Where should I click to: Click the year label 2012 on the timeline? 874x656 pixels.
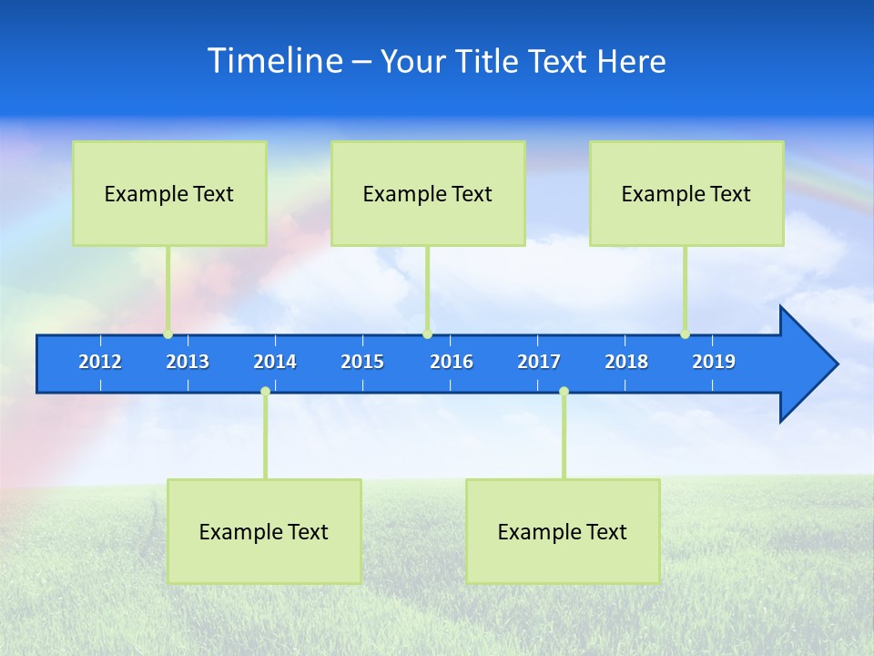(100, 362)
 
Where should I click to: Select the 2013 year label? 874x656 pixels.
(188, 362)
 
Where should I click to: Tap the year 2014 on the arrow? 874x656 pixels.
(275, 362)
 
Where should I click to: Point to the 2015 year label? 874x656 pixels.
(362, 362)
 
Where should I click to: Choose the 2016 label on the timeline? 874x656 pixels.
(452, 362)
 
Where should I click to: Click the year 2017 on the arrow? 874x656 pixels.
(539, 362)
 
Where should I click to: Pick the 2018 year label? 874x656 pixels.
(626, 362)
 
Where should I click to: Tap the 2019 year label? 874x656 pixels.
(714, 362)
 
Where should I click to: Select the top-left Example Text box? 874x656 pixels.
(169, 193)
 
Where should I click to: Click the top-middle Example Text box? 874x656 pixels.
(428, 193)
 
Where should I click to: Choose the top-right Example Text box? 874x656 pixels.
(686, 193)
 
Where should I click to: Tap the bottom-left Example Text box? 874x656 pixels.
(264, 531)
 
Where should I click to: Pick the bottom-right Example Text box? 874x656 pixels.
(563, 531)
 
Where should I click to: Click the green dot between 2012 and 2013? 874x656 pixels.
(168, 334)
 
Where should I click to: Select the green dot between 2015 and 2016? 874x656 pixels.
(427, 334)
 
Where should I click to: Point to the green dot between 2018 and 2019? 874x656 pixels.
(685, 334)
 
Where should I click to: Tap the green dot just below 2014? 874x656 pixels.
(265, 391)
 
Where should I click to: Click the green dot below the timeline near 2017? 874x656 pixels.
(564, 391)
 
